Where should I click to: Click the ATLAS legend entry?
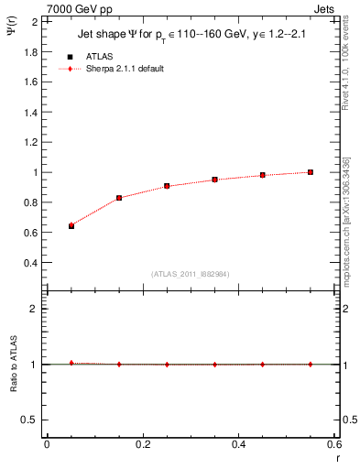(99, 56)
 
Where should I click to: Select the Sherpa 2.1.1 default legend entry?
(124, 69)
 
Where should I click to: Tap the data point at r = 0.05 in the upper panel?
(71, 225)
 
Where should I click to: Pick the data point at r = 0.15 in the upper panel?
(119, 198)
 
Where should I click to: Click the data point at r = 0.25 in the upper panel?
(167, 186)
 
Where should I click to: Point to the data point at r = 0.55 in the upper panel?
(311, 172)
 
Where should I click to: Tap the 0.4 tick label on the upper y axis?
(30, 263)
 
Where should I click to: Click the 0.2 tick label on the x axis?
(142, 444)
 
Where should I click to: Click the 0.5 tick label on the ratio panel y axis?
(30, 420)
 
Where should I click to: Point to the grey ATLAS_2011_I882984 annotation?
(190, 273)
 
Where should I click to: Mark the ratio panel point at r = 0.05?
(71, 363)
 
